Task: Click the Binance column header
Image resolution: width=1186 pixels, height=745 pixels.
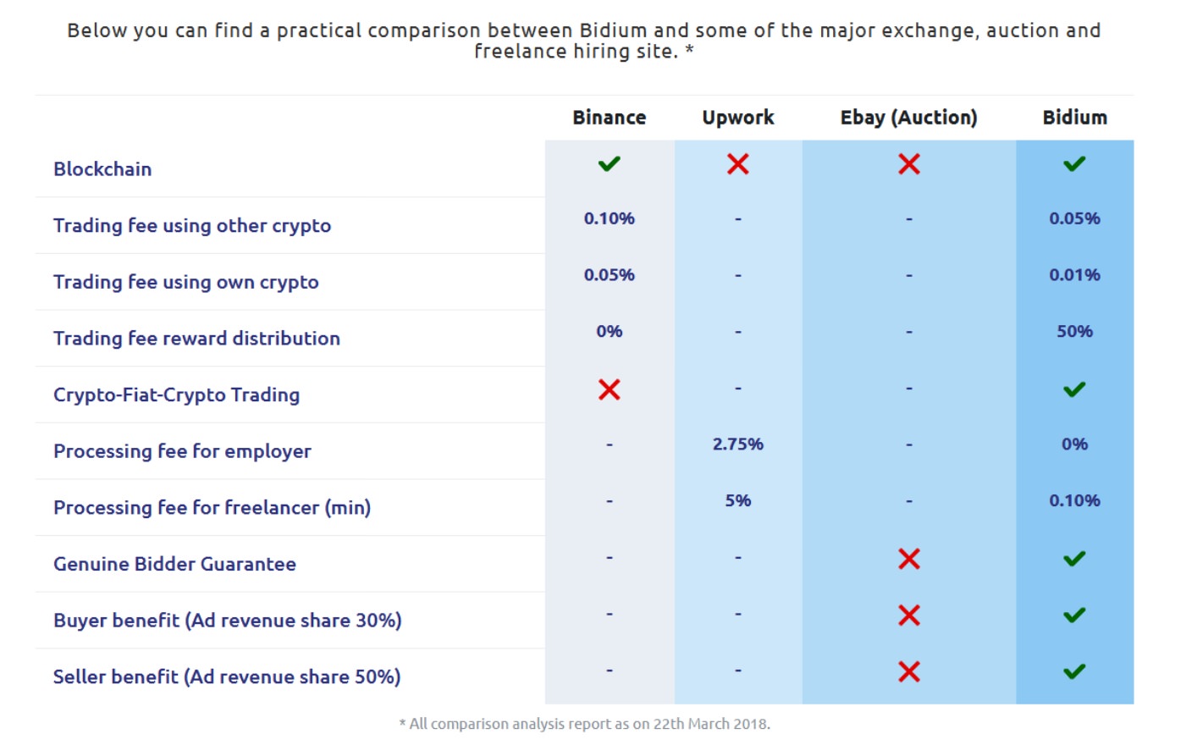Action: pyautogui.click(x=609, y=118)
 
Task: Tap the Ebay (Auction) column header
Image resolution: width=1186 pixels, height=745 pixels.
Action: pyautogui.click(x=908, y=118)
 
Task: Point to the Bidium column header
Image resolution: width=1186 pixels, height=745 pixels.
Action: pyautogui.click(x=1074, y=118)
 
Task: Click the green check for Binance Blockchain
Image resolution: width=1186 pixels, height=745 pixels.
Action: pyautogui.click(x=609, y=163)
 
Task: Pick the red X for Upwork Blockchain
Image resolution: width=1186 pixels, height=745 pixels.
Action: pyautogui.click(x=737, y=164)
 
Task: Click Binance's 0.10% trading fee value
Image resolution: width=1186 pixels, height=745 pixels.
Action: pyautogui.click(x=609, y=218)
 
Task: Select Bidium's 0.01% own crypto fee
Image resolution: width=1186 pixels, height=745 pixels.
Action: pyautogui.click(x=1074, y=275)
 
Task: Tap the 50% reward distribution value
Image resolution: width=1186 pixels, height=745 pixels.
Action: pyautogui.click(x=1074, y=332)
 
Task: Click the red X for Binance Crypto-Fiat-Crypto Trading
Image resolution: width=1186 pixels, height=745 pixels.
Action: pyautogui.click(x=609, y=389)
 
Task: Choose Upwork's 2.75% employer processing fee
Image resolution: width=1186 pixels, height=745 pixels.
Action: pyautogui.click(x=737, y=444)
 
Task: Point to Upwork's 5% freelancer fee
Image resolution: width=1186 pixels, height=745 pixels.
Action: pyautogui.click(x=737, y=500)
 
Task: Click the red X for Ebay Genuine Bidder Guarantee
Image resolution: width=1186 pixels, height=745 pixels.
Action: pyautogui.click(x=908, y=559)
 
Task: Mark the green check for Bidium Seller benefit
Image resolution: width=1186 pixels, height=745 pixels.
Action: pyautogui.click(x=1074, y=672)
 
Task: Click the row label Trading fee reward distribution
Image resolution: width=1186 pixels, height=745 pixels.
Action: pyautogui.click(x=196, y=339)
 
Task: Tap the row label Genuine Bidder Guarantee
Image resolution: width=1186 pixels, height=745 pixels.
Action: pyautogui.click(x=174, y=564)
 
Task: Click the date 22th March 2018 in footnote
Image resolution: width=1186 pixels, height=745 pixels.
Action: pyautogui.click(x=710, y=725)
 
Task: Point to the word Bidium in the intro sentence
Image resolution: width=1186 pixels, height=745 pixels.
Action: pyautogui.click(x=613, y=30)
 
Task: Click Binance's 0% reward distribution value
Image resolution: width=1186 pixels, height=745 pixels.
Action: pyautogui.click(x=609, y=332)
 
